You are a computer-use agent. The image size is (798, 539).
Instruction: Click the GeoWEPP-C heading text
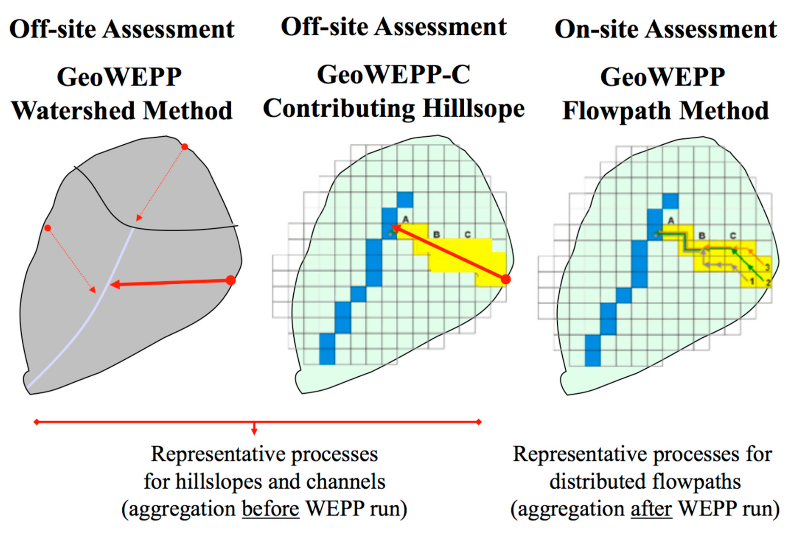[x=394, y=75]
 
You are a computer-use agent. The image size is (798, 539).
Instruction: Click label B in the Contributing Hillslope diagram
[x=436, y=235]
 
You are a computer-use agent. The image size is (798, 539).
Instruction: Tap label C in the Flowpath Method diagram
[x=733, y=236]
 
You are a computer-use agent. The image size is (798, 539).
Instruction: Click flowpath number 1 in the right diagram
[x=752, y=282]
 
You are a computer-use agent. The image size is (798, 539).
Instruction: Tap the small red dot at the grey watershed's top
[x=185, y=147]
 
